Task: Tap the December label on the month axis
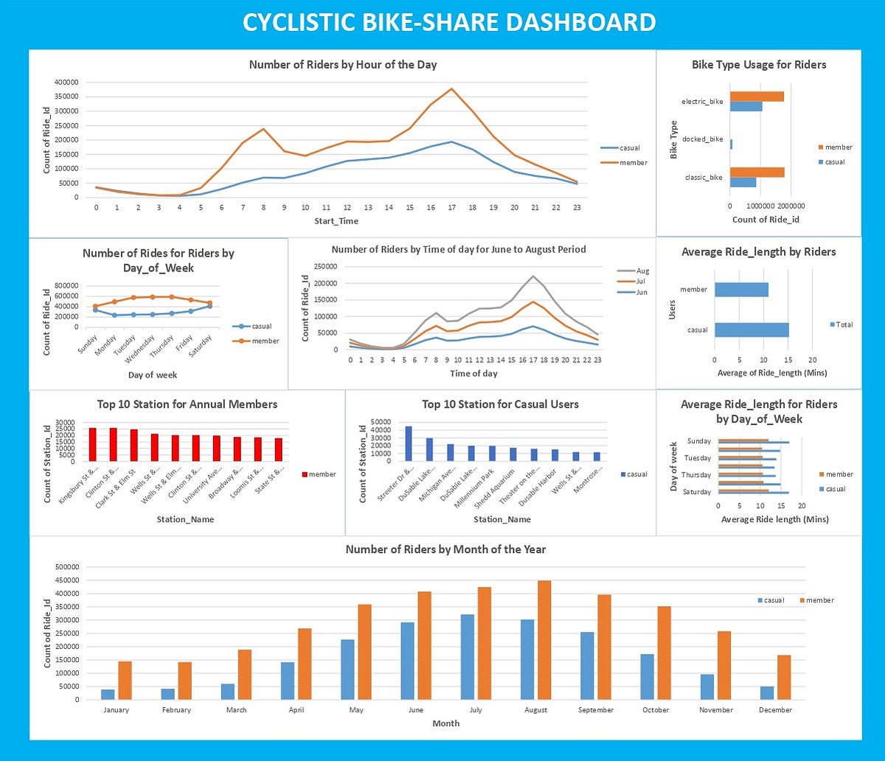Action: pos(774,710)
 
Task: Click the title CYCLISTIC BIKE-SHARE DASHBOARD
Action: pos(448,22)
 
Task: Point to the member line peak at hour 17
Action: pos(451,89)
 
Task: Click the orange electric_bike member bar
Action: pos(757,97)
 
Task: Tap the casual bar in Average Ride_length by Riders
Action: pos(751,330)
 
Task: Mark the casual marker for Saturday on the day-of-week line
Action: pos(209,305)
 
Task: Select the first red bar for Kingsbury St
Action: pos(92,444)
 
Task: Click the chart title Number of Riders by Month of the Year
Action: pos(445,549)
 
